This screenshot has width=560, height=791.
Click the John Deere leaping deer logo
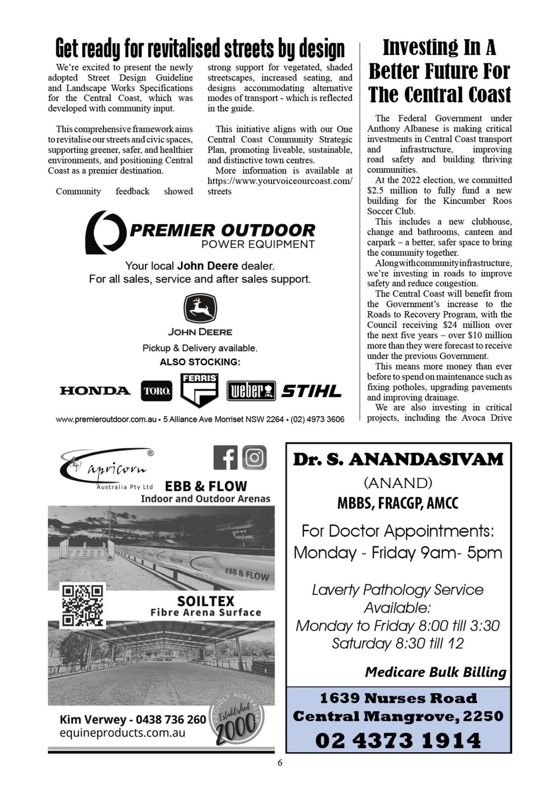click(x=200, y=309)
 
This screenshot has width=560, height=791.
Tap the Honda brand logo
click(x=95, y=391)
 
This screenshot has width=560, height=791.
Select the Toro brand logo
click(x=156, y=391)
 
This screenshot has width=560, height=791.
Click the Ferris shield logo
click(x=200, y=390)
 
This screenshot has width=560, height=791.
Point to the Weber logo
click(x=251, y=391)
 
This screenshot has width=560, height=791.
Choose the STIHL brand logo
click(x=311, y=391)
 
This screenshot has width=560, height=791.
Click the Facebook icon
click(x=226, y=457)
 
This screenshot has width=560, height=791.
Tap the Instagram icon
click(x=254, y=457)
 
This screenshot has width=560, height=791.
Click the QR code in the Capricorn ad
click(x=82, y=605)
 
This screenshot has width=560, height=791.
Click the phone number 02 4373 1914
click(x=398, y=740)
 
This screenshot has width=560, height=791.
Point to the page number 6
click(x=280, y=763)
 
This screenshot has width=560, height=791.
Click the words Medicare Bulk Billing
click(x=435, y=672)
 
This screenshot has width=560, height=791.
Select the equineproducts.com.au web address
click(x=122, y=733)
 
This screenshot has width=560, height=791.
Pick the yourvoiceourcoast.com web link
click(x=280, y=181)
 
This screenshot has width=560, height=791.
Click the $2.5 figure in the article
click(x=375, y=191)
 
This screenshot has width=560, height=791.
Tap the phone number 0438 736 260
click(x=171, y=720)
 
